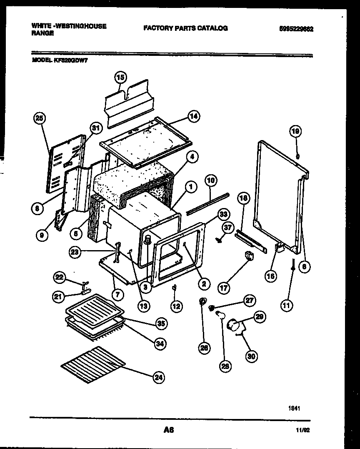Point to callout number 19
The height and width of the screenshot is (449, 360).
coord(295,132)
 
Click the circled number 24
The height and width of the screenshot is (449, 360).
coord(158,378)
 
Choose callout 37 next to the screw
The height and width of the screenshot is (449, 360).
coord(227,227)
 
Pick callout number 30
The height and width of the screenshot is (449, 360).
coord(252,356)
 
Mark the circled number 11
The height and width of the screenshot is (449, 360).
coord(286,305)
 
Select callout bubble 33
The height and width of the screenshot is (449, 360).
coord(224,215)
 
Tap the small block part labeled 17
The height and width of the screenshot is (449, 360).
coord(250,255)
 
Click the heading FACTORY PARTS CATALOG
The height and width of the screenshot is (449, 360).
coord(185,28)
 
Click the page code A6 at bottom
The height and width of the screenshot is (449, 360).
coord(168,430)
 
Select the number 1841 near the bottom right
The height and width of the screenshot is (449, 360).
coord(294,409)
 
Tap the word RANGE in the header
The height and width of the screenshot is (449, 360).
coord(42,33)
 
